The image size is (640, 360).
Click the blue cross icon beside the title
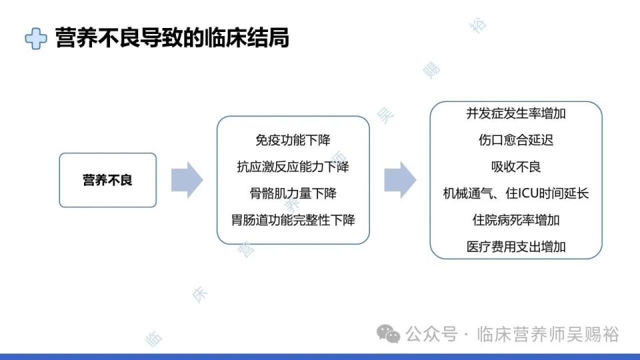(x=36, y=39)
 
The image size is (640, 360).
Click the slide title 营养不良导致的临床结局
(x=172, y=38)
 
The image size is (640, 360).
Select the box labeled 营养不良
(x=107, y=180)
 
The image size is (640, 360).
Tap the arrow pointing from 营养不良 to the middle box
(x=187, y=180)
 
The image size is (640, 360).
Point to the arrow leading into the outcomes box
(x=400, y=180)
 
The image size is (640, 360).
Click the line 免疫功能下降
(x=293, y=141)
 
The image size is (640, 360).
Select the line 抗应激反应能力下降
(x=293, y=167)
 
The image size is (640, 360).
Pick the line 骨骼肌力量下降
(x=293, y=193)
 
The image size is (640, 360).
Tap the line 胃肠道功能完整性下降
(x=293, y=220)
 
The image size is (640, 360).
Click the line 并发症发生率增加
(x=516, y=113)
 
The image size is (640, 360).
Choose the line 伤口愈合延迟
(x=516, y=140)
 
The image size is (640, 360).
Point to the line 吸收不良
(x=516, y=167)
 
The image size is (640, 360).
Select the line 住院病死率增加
(x=516, y=220)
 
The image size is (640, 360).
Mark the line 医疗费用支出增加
(x=516, y=247)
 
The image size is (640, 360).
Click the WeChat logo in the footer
(x=389, y=333)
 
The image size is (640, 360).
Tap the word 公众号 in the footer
(x=431, y=334)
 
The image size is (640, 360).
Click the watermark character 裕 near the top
(x=479, y=25)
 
